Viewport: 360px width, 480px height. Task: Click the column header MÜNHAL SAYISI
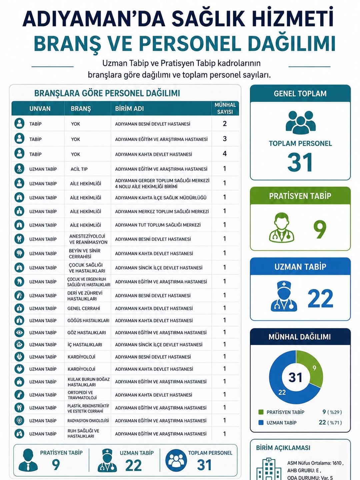[x=225, y=108]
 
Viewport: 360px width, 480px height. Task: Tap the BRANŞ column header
[x=81, y=109]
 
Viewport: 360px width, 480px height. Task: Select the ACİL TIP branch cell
[x=79, y=169]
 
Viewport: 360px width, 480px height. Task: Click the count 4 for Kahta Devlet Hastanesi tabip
[x=225, y=154]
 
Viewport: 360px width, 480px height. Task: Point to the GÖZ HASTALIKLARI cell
[x=87, y=333]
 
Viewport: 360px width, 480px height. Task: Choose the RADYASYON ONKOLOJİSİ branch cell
[x=88, y=421]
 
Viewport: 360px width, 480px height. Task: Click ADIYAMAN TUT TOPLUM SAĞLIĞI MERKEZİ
[x=158, y=225]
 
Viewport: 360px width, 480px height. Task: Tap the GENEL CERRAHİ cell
[x=84, y=308]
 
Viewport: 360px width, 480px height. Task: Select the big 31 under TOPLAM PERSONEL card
[x=300, y=163]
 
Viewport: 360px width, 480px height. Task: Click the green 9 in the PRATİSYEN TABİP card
[x=320, y=229]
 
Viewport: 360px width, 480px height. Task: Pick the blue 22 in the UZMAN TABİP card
[x=320, y=299]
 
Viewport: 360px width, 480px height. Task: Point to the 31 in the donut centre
[x=295, y=378]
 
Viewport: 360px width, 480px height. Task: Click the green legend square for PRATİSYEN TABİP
[x=261, y=412]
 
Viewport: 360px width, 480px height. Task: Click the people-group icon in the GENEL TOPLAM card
[x=300, y=122]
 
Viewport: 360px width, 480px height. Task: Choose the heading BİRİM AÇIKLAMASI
[x=283, y=448]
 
